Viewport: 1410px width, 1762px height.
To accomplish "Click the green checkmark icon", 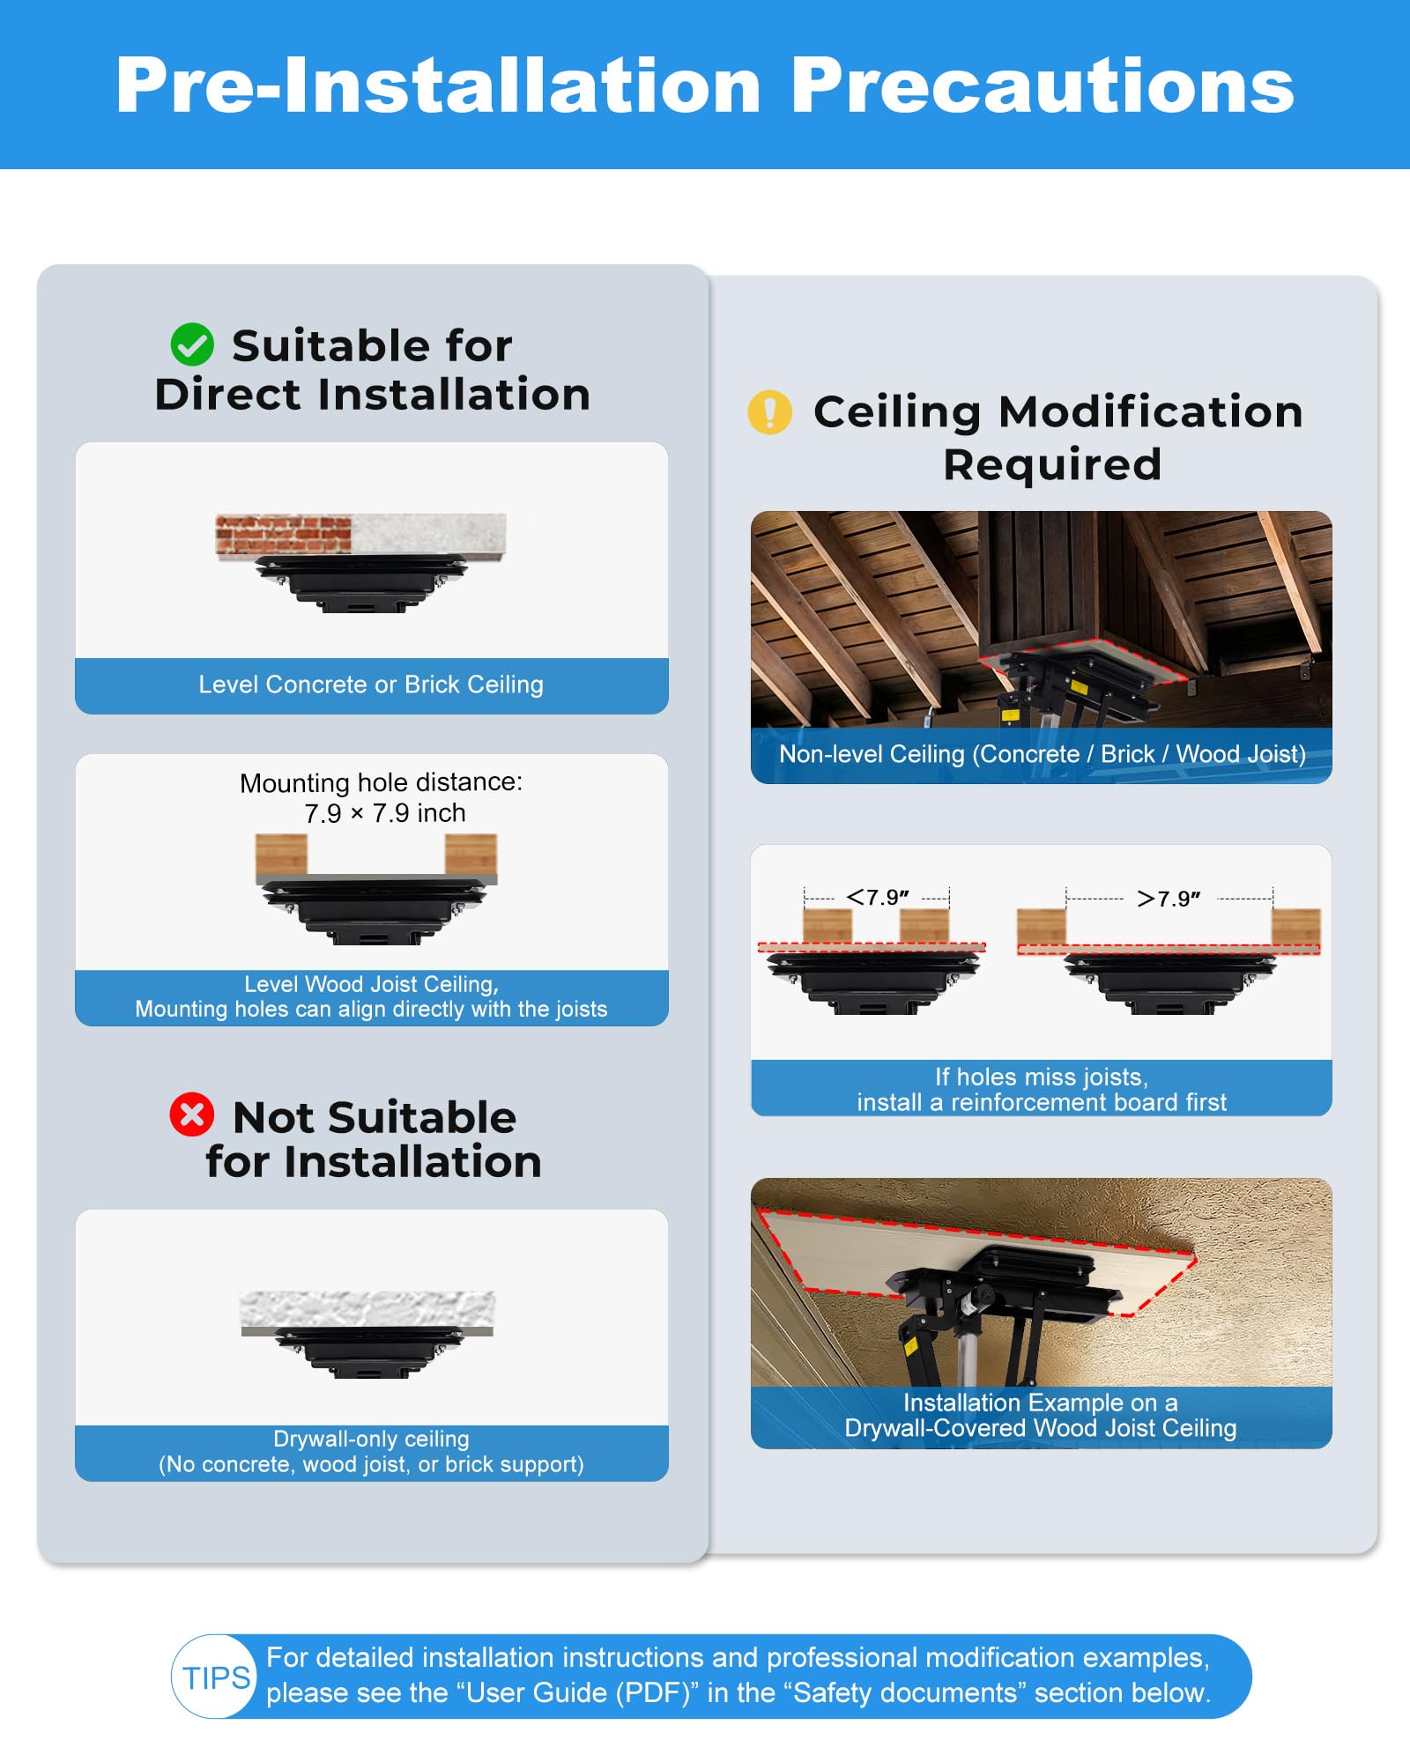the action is [192, 344].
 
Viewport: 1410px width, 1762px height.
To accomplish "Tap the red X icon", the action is [192, 1114].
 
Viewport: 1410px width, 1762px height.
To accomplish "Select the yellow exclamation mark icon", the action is [769, 412].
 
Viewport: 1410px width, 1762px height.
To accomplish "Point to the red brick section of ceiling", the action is [284, 535].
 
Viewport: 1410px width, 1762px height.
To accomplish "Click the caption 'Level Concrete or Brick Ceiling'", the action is [371, 685].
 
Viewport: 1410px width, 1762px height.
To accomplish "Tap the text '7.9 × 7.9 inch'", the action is [385, 813].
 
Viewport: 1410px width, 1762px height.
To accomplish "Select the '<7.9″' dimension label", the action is [878, 897].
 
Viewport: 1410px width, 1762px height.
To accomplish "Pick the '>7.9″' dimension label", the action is [1169, 899].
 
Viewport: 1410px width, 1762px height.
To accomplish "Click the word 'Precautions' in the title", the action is [1043, 85].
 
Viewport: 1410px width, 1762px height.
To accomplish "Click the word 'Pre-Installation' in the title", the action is [438, 85].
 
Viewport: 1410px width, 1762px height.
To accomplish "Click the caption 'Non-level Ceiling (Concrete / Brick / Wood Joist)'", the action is [1042, 754].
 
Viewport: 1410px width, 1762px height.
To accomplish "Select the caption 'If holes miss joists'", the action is [1042, 1077].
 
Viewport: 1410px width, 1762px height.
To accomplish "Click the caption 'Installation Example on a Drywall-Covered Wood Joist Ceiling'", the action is [1041, 1415].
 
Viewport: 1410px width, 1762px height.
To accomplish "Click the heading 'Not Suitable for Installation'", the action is [373, 1139].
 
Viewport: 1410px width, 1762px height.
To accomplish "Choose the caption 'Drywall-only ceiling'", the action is [371, 1439].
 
